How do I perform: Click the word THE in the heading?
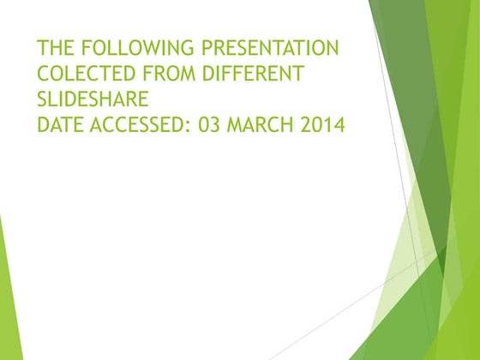[56, 47]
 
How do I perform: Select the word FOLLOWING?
[138, 47]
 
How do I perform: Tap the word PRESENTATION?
[270, 47]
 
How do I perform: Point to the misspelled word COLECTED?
[87, 73]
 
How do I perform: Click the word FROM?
[169, 73]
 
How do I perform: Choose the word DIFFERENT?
[253, 73]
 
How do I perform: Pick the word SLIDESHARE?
[93, 99]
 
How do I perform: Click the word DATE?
[60, 124]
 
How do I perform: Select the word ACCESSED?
[136, 124]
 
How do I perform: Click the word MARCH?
[260, 124]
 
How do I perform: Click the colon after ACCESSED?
[189, 127]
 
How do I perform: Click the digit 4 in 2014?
[339, 124]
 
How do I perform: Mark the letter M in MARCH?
[235, 124]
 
